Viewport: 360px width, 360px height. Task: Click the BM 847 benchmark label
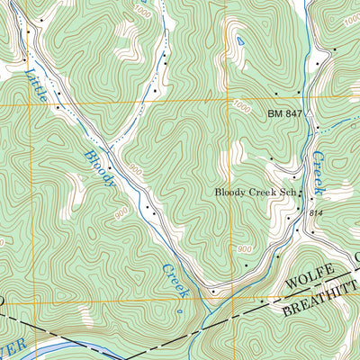click(x=287, y=115)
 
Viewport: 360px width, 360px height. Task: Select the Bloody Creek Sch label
click(x=255, y=192)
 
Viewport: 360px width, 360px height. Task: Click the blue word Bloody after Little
click(x=100, y=168)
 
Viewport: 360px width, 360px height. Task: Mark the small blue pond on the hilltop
click(x=239, y=41)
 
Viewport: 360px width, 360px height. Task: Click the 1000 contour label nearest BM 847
click(x=241, y=106)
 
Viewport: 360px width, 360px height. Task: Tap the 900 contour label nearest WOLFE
click(x=244, y=248)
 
